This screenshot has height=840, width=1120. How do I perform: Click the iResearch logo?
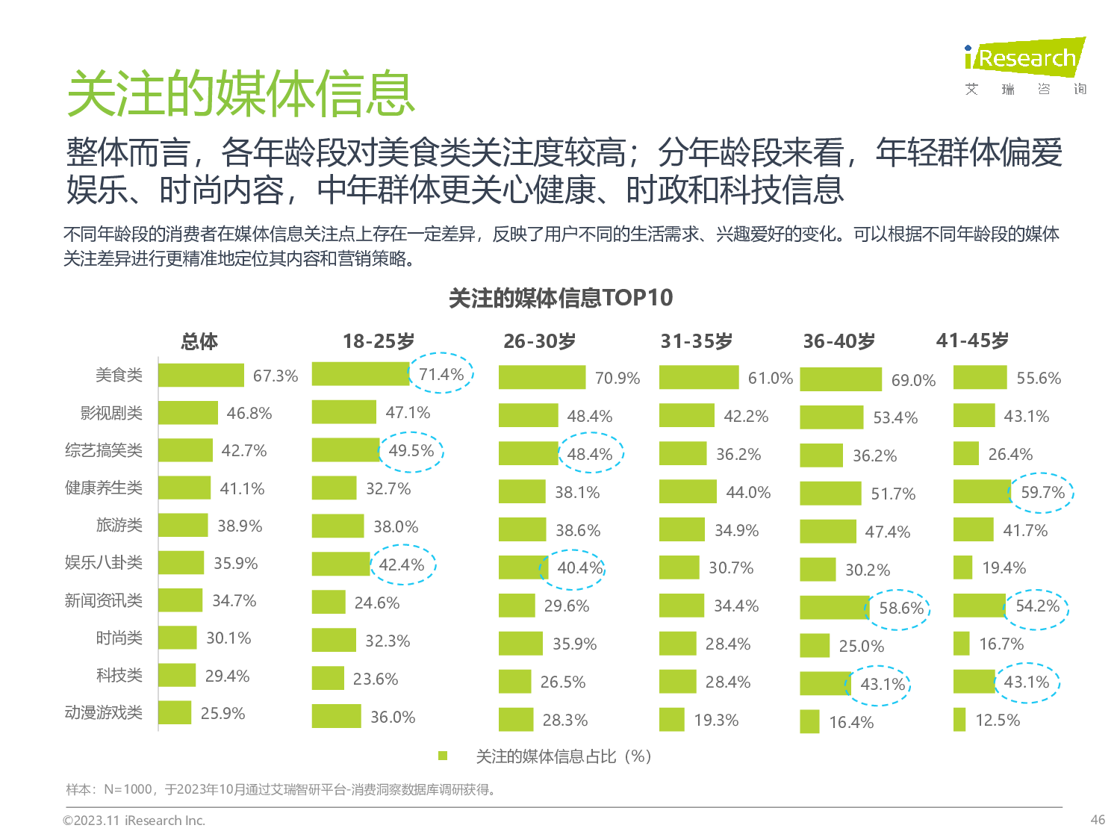(x=1024, y=58)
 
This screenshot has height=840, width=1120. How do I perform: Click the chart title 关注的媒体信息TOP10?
(x=561, y=298)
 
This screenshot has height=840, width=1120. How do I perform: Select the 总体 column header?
(x=199, y=341)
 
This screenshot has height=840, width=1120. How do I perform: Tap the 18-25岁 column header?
(x=379, y=341)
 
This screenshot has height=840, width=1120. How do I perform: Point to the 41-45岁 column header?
(x=972, y=340)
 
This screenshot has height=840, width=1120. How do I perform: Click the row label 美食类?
(x=119, y=375)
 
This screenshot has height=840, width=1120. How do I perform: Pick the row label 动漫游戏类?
(x=103, y=712)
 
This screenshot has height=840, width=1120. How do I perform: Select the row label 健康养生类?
(x=103, y=488)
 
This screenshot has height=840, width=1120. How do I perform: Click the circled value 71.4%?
(x=441, y=374)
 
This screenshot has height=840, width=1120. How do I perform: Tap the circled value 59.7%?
(x=1042, y=492)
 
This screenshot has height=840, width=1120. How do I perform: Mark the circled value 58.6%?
(x=900, y=608)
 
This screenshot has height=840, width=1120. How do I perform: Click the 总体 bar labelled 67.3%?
(x=201, y=375)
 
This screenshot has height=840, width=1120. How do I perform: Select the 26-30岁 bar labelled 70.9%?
(x=542, y=378)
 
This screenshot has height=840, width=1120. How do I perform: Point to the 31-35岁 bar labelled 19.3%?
(x=672, y=720)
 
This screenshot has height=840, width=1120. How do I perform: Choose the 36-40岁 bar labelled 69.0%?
(x=841, y=379)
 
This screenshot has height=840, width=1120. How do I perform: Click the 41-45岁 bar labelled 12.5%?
(x=959, y=720)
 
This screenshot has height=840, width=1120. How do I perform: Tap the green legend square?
(x=443, y=756)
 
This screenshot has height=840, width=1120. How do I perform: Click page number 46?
(x=1097, y=819)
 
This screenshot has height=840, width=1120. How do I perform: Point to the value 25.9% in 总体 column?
(x=223, y=713)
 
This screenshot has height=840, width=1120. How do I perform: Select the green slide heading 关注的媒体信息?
(x=240, y=94)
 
